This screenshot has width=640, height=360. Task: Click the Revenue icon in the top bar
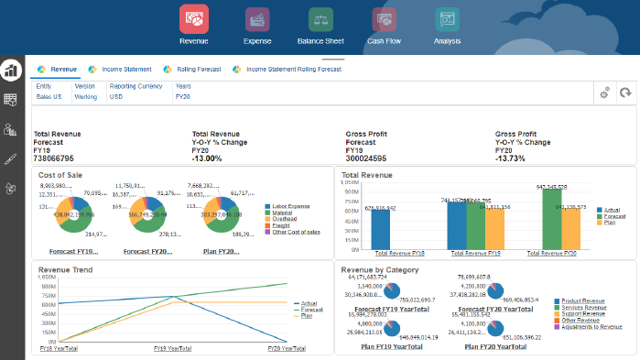193,20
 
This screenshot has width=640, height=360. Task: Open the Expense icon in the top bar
257,20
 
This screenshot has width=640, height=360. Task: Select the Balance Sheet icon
320,20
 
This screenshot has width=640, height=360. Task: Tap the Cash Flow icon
384,20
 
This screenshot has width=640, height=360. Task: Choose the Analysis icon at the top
447,20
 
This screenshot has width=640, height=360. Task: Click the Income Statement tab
126,69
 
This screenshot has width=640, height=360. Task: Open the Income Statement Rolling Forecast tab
287,69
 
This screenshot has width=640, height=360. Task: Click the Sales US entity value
49,95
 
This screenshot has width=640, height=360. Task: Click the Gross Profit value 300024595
366,158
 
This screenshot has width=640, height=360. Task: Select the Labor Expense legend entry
292,206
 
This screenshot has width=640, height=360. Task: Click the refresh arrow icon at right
625,93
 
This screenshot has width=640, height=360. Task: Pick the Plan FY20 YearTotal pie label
495,347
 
